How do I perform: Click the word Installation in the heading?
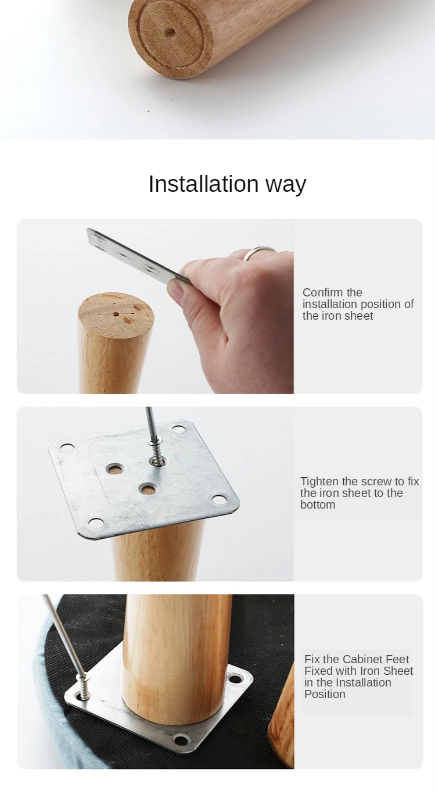click(203, 184)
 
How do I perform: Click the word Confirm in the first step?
click(323, 292)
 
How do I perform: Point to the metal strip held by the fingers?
click(138, 256)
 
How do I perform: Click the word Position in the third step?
click(325, 694)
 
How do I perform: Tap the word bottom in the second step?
click(318, 505)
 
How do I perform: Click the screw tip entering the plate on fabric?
click(84, 689)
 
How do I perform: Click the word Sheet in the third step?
click(398, 671)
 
